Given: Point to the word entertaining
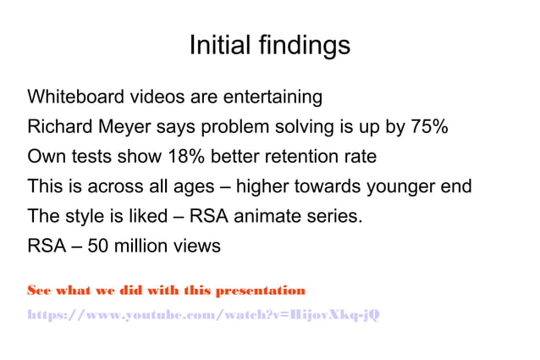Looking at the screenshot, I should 273,97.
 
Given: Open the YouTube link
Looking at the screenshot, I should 203,315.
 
